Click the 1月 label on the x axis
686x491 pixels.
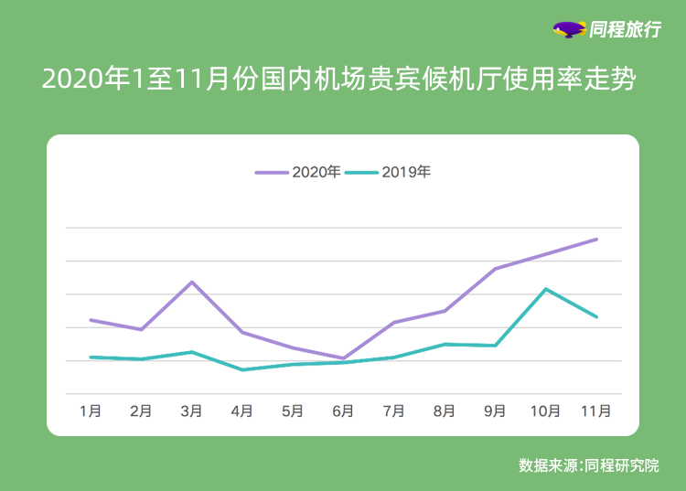point(91,411)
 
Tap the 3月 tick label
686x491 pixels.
point(191,411)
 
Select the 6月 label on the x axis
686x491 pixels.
point(343,411)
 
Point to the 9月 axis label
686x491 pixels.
point(495,411)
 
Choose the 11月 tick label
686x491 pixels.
point(596,411)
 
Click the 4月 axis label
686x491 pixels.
point(241,411)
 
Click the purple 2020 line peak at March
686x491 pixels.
point(191,282)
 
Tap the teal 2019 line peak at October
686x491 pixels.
point(546,289)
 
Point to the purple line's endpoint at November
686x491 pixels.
point(596,240)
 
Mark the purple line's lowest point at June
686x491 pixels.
point(343,358)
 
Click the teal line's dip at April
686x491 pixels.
point(241,369)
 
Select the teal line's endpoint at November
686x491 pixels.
point(596,316)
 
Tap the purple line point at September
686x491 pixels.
point(495,269)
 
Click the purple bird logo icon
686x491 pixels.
point(569,30)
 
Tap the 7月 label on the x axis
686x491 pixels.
point(394,411)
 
